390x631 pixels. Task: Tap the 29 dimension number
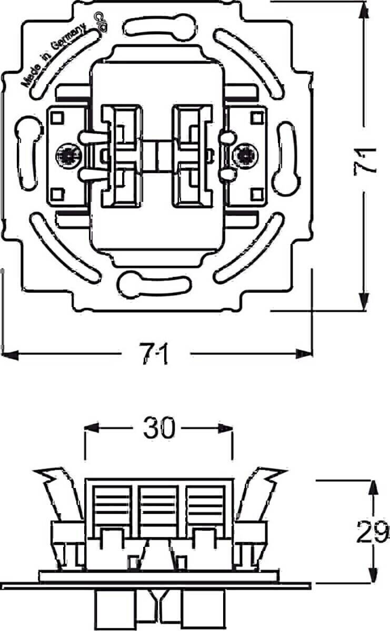372,533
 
